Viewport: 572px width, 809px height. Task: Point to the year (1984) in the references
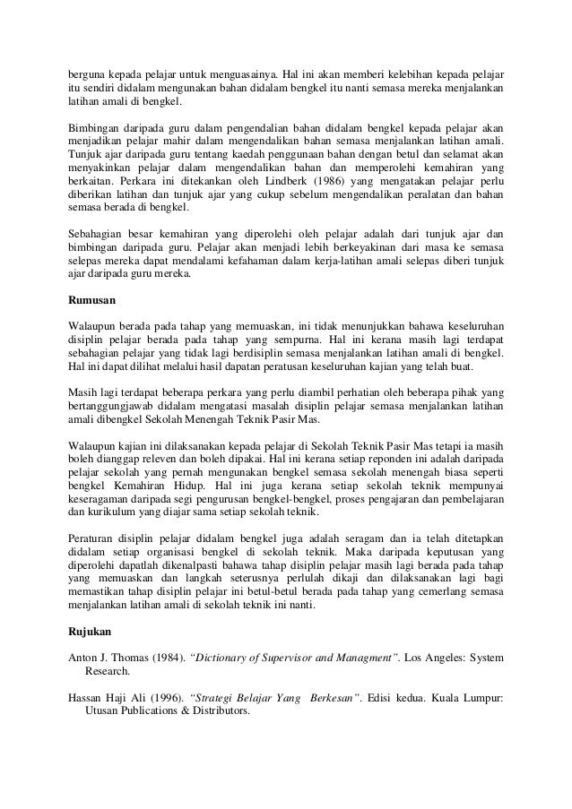point(168,658)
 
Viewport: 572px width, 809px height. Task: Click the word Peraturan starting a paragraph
point(96,538)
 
